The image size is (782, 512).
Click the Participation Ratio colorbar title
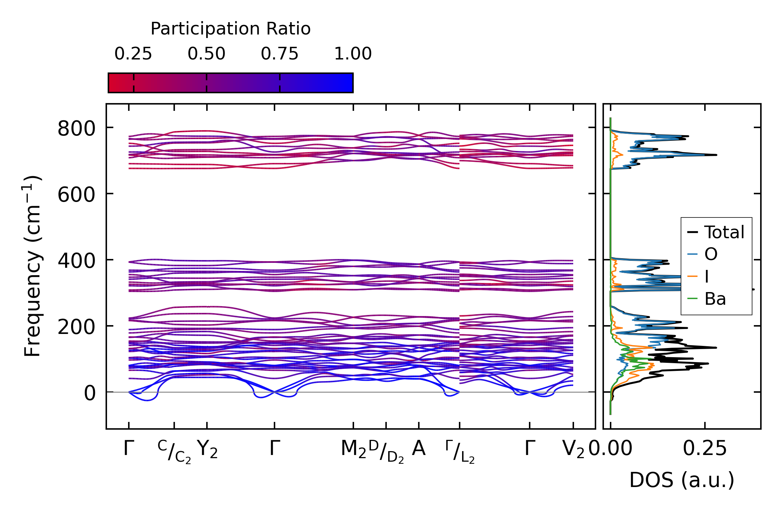tap(231, 29)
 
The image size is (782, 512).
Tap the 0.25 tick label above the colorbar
tap(133, 54)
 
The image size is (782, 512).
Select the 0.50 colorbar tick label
tap(206, 54)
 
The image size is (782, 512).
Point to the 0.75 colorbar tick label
tap(279, 54)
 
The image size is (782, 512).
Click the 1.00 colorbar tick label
tap(353, 54)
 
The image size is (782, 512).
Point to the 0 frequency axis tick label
tap(90, 393)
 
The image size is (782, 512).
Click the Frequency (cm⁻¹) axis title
tap(33, 266)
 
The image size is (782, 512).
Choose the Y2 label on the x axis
tap(207, 449)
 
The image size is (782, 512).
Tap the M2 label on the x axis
tap(353, 449)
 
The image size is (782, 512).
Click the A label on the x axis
tap(418, 449)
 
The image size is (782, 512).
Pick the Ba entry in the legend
tap(715, 299)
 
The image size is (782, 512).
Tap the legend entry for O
tap(711, 254)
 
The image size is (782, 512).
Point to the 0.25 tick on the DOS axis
tap(705, 449)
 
